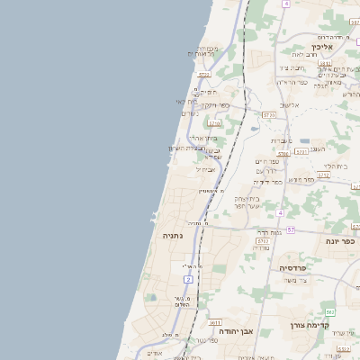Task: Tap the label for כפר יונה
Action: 341,241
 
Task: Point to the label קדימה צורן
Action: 312,325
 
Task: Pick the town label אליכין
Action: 322,46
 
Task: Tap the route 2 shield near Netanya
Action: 187,281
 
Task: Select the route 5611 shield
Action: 214,321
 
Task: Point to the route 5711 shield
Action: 262,241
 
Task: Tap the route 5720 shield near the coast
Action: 204,75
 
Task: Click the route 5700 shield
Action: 268,115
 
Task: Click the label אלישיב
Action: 288,105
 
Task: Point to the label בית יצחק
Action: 247,198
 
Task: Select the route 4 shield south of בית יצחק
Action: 280,212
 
